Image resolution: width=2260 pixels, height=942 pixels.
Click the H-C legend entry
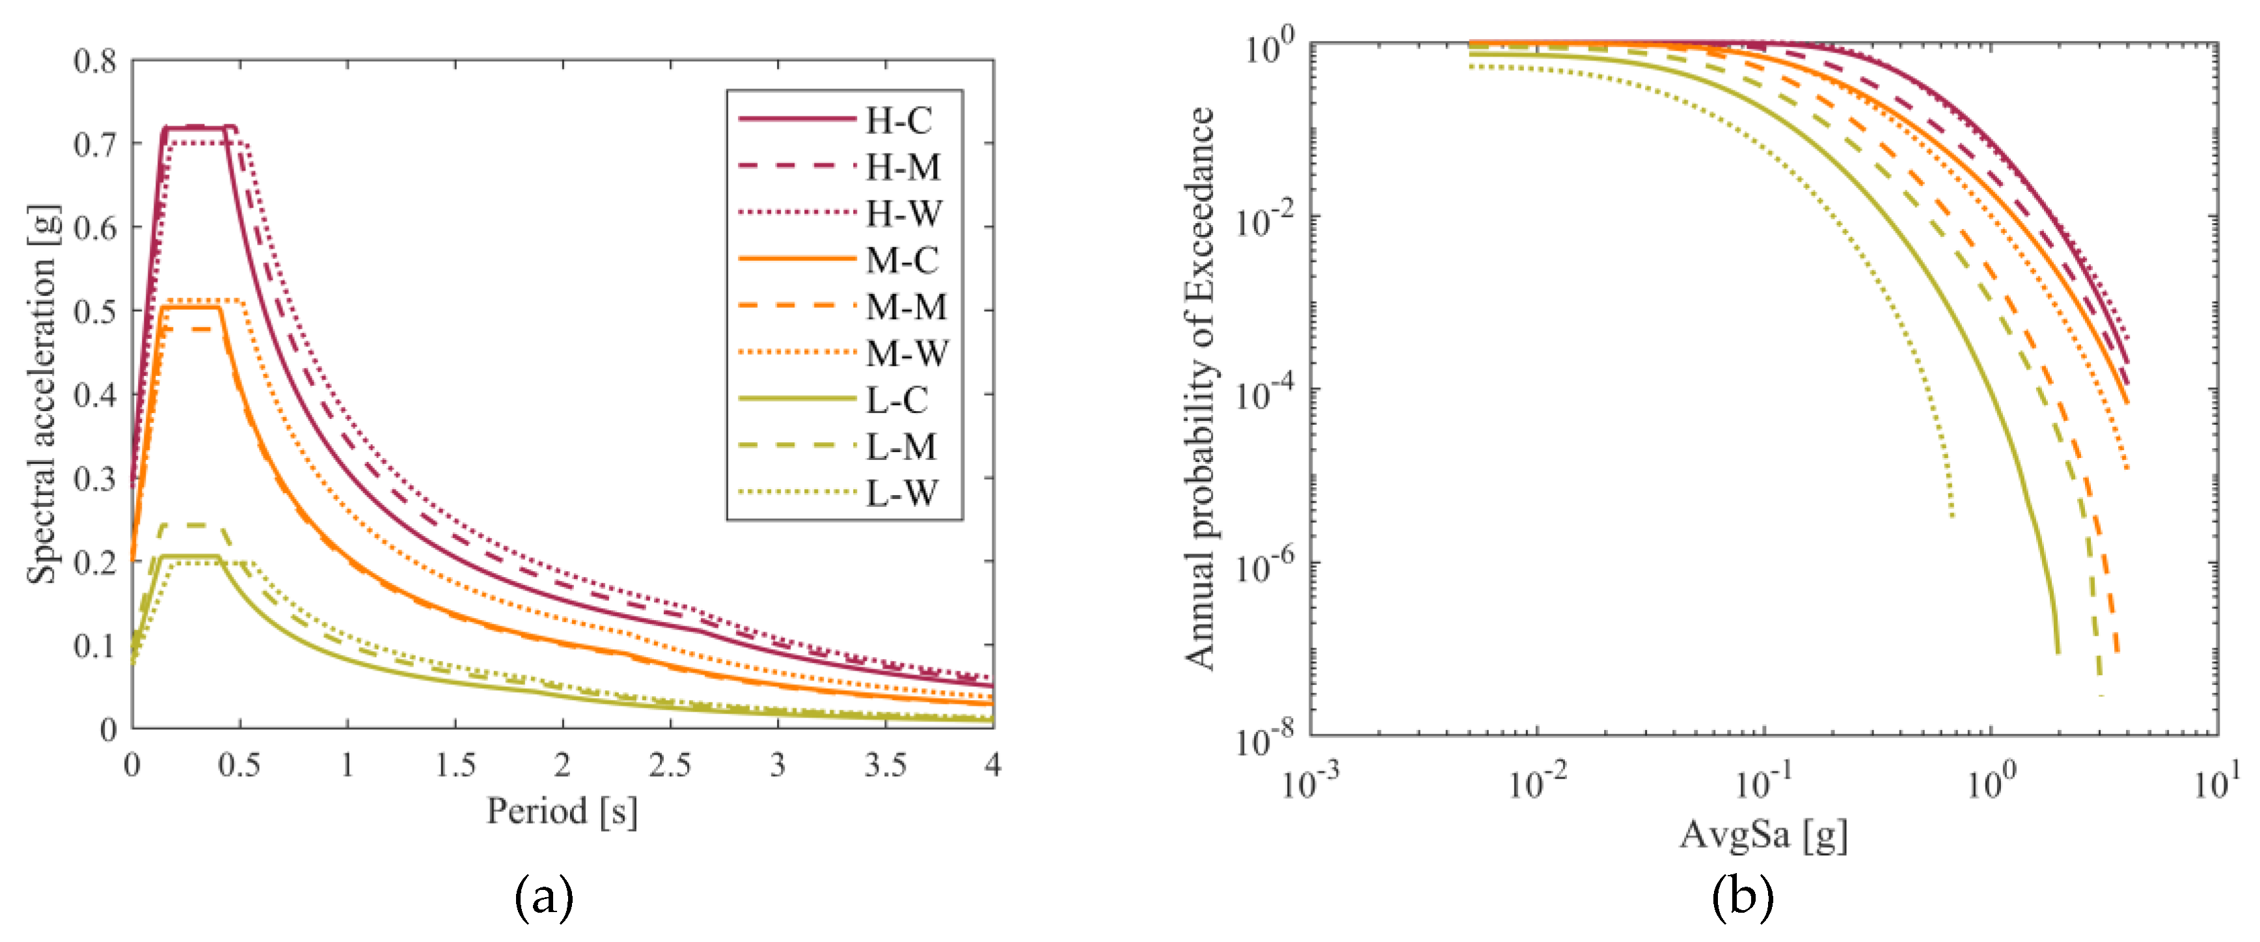[899, 121]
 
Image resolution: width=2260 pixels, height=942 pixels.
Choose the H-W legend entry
[904, 214]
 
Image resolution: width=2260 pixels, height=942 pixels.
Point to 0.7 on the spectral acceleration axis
[95, 144]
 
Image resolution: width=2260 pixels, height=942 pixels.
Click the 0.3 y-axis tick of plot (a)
[95, 479]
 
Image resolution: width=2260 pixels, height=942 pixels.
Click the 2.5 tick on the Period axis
[670, 766]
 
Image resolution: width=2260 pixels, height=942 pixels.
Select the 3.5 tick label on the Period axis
[885, 766]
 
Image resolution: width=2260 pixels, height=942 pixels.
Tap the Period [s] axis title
[562, 811]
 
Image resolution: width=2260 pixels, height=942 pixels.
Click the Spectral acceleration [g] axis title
[42, 395]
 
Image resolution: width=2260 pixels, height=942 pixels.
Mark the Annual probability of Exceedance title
[1199, 388]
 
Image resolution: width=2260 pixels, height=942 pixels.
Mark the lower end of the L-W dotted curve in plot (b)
[1952, 516]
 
